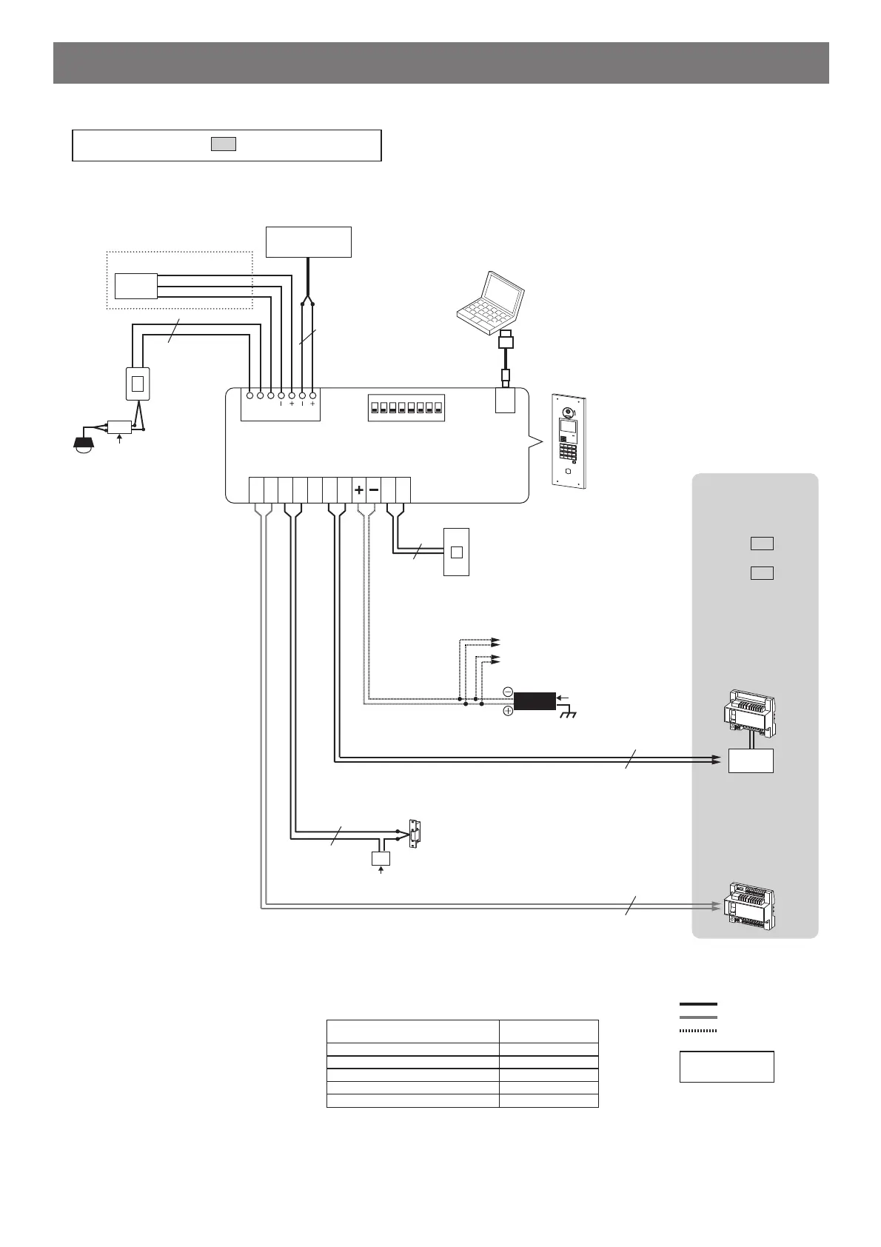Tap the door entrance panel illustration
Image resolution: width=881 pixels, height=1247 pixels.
point(569,440)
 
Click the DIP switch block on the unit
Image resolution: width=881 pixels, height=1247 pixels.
point(406,407)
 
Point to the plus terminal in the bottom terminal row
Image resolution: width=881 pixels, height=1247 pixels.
point(358,490)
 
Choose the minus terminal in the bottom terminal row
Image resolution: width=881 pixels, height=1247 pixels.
point(373,490)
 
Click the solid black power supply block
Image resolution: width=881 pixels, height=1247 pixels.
point(535,701)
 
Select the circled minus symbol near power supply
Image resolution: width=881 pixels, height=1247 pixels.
point(508,692)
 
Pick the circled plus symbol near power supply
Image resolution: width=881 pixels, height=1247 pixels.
point(508,711)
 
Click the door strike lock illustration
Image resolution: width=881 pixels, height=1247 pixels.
point(415,833)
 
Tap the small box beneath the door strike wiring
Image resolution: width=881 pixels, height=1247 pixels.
point(381,858)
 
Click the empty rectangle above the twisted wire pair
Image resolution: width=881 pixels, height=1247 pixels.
point(308,242)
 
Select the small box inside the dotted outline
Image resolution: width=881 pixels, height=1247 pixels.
point(136,285)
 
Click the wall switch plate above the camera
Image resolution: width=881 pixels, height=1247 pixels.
point(137,384)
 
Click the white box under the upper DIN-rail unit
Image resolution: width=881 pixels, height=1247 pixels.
point(751,760)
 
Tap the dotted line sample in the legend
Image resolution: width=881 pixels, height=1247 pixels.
point(698,1030)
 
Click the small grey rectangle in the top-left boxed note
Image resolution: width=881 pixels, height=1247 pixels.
point(224,144)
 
